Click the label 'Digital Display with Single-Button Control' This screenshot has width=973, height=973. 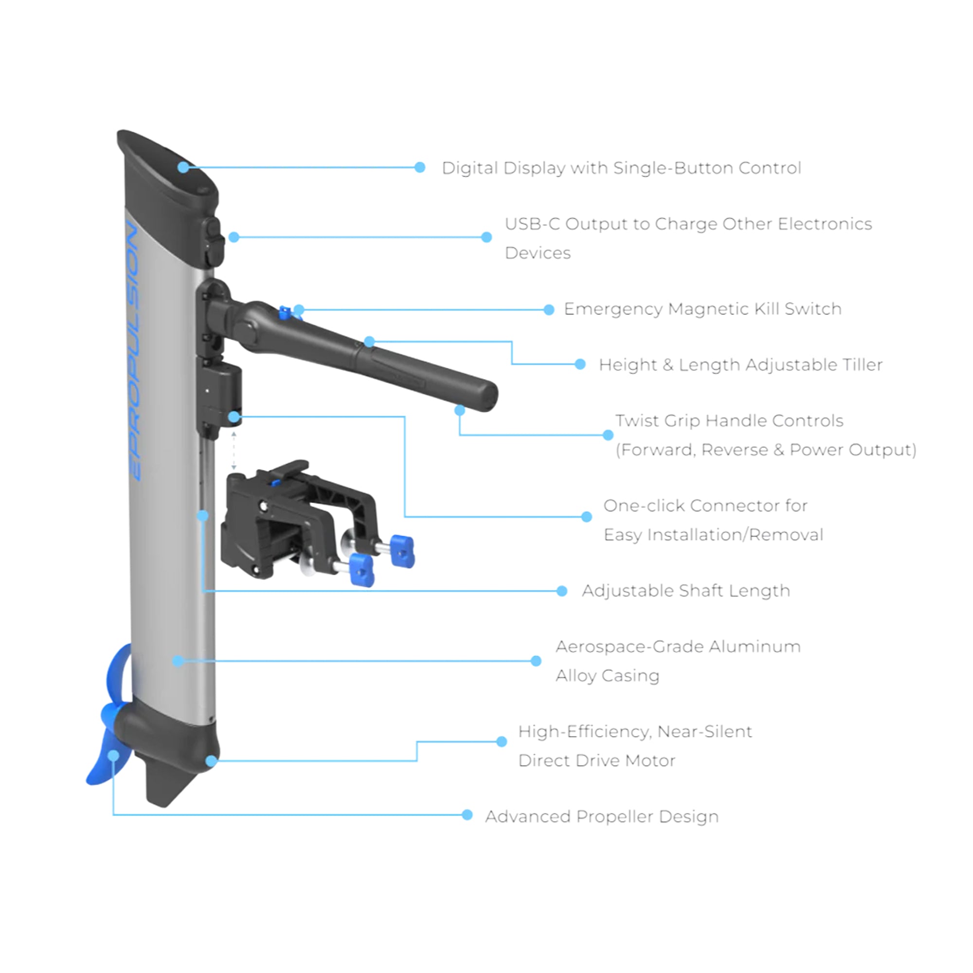click(621, 168)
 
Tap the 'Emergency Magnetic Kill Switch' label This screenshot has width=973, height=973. click(702, 309)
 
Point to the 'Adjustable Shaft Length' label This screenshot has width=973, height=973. click(685, 590)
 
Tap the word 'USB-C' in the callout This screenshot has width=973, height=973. click(532, 224)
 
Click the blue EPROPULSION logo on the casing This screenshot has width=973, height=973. click(133, 353)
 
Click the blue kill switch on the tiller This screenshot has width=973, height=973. click(285, 313)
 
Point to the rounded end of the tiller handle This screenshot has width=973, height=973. click(486, 396)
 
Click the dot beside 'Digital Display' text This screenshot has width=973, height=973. click(419, 167)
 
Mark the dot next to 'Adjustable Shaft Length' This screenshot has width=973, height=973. click(561, 591)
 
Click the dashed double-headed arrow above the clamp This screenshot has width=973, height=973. click(233, 450)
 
